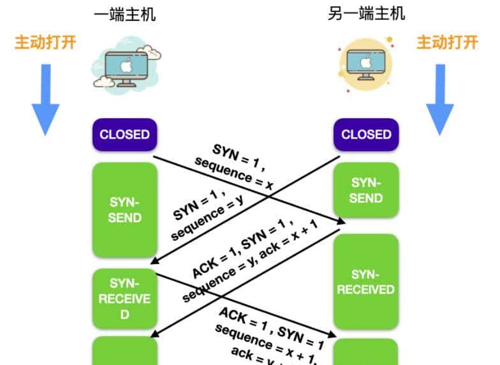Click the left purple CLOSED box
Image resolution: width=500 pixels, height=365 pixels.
point(124,135)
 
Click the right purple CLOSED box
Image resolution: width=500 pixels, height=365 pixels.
point(366,135)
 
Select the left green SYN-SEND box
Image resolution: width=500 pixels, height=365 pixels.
point(124,209)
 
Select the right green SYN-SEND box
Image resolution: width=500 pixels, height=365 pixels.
point(366,190)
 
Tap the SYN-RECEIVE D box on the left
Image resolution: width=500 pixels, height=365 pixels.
point(124,299)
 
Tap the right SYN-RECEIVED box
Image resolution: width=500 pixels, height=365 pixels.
point(366,281)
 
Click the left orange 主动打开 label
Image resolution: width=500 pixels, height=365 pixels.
point(45,42)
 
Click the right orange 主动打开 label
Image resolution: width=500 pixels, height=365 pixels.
point(447,42)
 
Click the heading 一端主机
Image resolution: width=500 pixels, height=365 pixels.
point(124,14)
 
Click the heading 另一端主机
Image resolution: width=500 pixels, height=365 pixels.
point(366,13)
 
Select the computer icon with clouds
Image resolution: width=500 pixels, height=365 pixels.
point(126,66)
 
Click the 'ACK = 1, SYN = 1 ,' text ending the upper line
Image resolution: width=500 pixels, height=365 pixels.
point(243,247)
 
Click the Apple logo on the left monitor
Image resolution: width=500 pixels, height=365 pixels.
point(126,64)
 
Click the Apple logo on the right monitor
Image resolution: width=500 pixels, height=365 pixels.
point(366,62)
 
